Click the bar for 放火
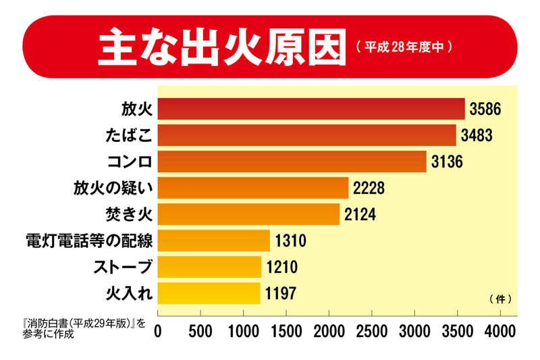coord(311,109)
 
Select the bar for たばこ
coord(307,135)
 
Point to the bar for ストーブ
coord(209,267)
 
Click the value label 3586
coord(486,109)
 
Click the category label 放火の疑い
coord(113,188)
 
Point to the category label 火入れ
coord(131,293)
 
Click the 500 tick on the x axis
coord(200,332)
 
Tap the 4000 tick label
coord(500,332)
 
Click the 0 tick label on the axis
coord(158,332)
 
